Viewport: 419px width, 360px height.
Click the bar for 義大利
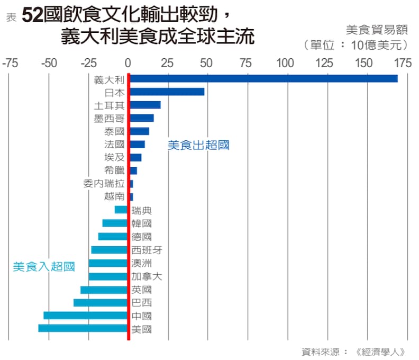[263, 78]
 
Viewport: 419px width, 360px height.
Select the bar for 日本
[167, 92]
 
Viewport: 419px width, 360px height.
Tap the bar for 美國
[83, 328]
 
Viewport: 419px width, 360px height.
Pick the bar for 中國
[86, 316]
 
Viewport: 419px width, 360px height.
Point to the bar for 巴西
[101, 302]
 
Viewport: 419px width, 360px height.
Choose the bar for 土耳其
[145, 105]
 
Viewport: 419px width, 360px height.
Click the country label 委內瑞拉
[104, 184]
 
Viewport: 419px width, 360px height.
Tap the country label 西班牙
[147, 250]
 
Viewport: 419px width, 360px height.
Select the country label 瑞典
[141, 210]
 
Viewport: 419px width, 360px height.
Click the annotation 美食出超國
[198, 145]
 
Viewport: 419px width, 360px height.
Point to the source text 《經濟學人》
[381, 351]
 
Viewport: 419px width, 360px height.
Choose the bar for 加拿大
[108, 276]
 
